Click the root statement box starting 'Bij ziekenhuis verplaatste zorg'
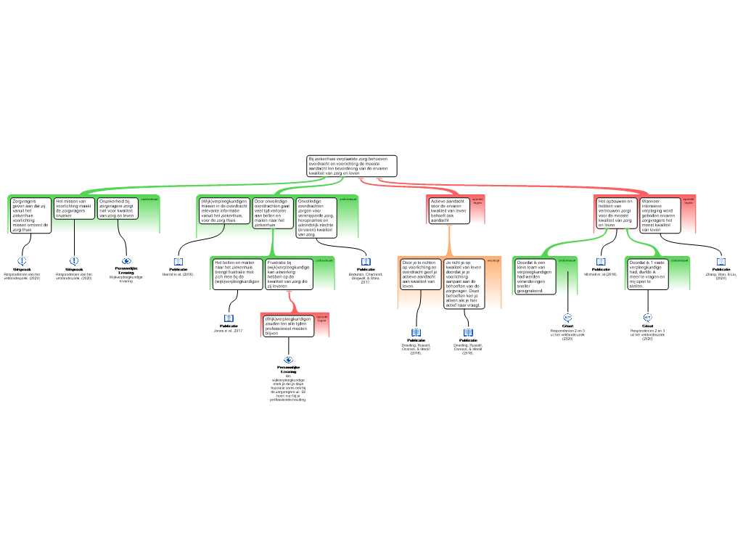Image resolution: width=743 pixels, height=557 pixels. (x=352, y=166)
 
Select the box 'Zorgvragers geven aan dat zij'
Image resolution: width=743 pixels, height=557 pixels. (x=31, y=215)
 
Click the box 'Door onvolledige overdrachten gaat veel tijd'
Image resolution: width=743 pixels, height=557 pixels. (x=273, y=213)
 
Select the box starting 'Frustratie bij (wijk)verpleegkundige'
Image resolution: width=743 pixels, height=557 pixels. (x=288, y=274)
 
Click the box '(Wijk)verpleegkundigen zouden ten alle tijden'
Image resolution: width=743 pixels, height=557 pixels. (x=288, y=326)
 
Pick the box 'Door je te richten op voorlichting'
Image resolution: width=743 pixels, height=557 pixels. (x=420, y=274)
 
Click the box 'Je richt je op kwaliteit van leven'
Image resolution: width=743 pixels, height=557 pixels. (x=464, y=284)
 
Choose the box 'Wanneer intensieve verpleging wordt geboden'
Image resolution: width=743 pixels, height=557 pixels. (x=660, y=215)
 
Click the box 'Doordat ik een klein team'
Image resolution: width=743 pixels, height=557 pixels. (x=535, y=276)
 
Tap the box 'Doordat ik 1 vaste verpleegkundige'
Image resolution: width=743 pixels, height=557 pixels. (x=647, y=274)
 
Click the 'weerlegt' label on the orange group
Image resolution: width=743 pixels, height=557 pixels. (x=493, y=260)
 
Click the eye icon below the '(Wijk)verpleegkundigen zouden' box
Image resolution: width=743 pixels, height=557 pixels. (x=289, y=360)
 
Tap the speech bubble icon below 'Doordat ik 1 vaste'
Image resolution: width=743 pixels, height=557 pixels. (x=648, y=317)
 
